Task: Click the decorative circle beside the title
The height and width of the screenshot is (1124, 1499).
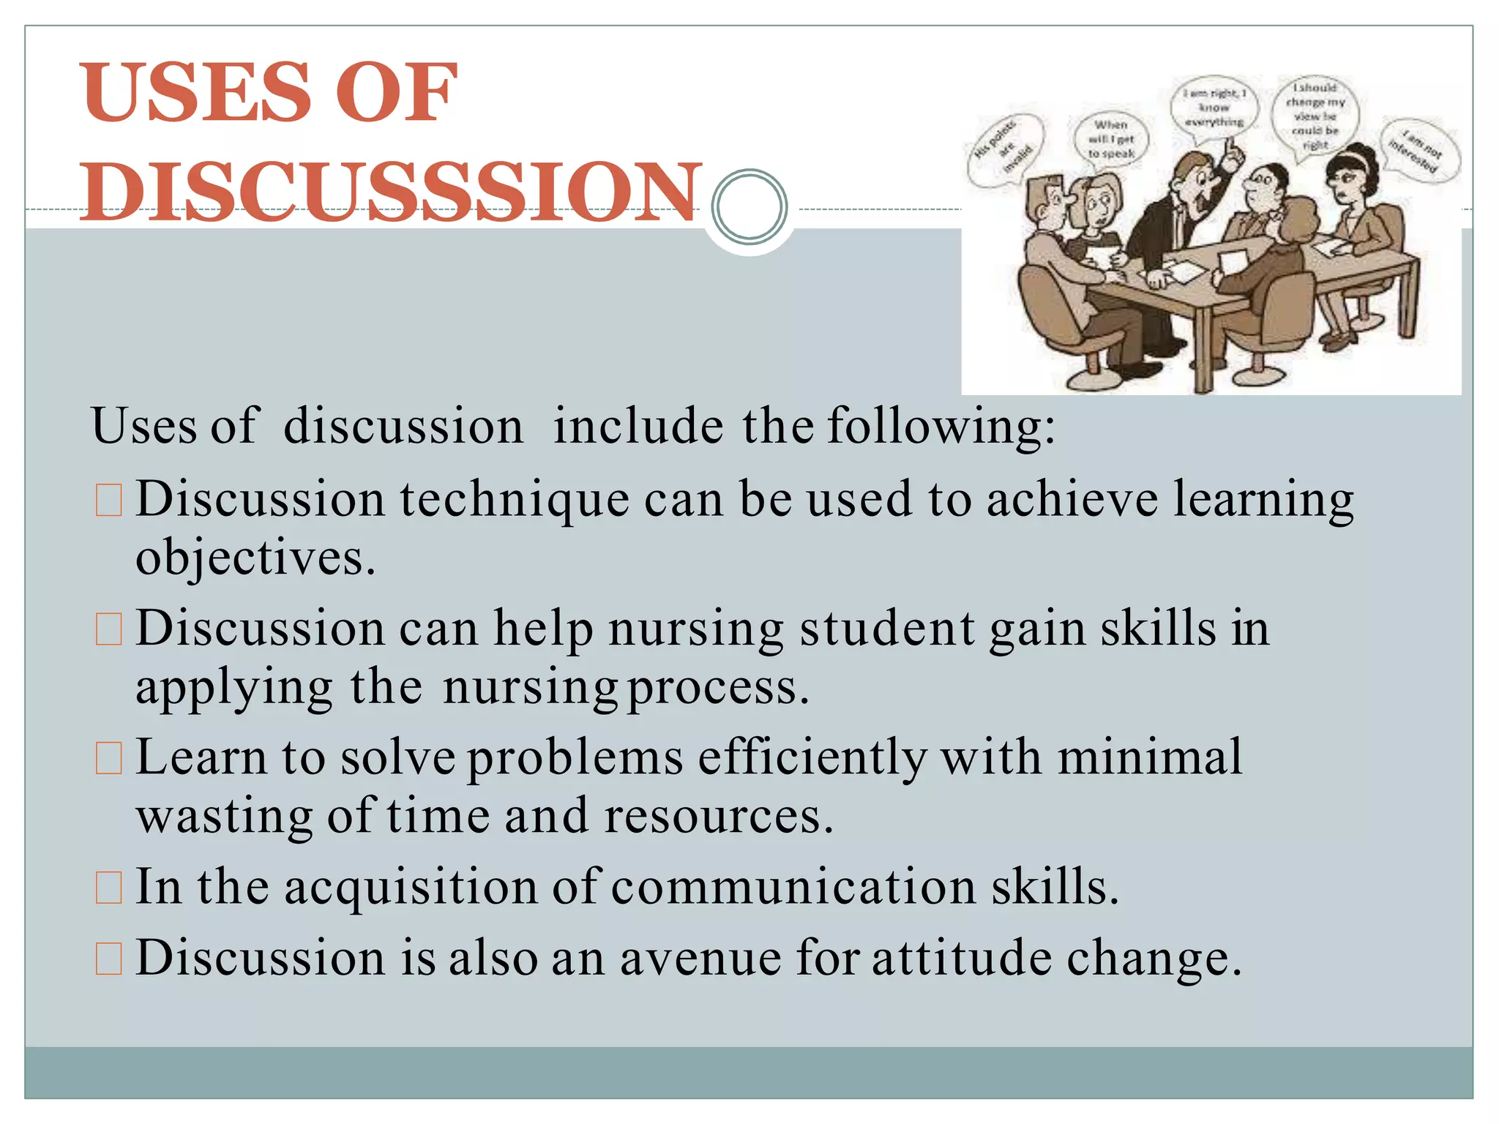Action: pyautogui.click(x=749, y=206)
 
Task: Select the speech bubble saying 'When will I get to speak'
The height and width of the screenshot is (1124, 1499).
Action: pyautogui.click(x=1110, y=139)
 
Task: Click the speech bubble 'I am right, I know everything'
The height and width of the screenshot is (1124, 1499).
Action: pyautogui.click(x=1214, y=108)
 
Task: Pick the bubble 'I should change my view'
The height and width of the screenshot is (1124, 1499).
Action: pyautogui.click(x=1315, y=116)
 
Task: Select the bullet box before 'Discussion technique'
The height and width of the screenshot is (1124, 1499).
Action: pyautogui.click(x=109, y=501)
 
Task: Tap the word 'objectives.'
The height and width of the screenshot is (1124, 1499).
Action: pyautogui.click(x=255, y=559)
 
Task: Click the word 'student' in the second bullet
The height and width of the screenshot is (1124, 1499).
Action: pyautogui.click(x=887, y=629)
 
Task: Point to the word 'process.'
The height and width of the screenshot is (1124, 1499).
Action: pyautogui.click(x=719, y=688)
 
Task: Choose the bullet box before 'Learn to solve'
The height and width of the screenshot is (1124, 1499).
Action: pyautogui.click(x=109, y=759)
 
